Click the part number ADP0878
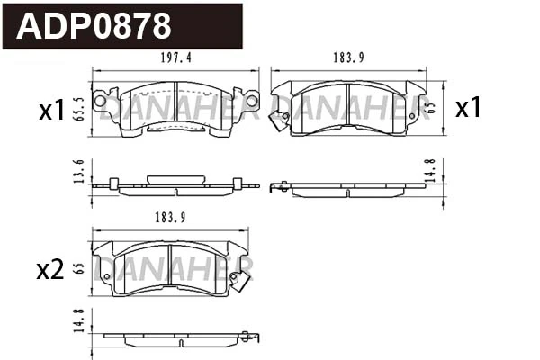94,26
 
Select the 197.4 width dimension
175,59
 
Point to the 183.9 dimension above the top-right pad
348,59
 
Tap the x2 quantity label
50,269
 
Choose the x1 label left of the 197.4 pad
51,111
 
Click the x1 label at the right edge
468,108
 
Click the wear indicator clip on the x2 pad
239,280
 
